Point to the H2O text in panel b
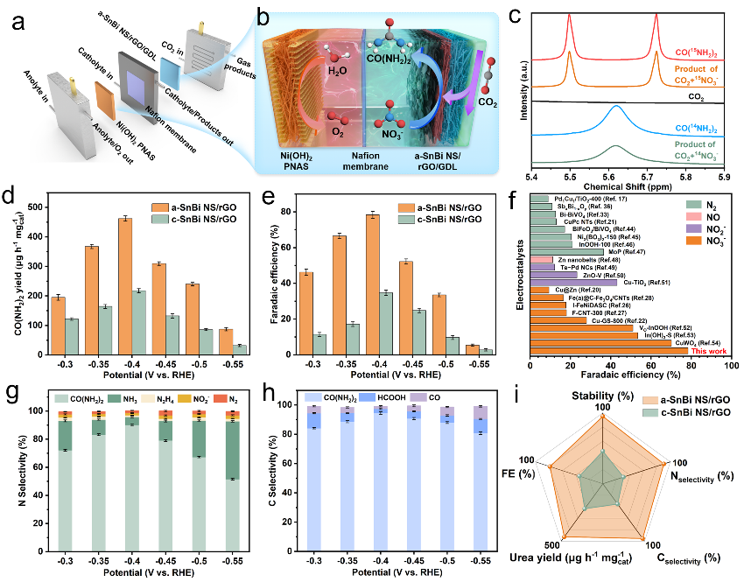[x=315, y=62]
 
